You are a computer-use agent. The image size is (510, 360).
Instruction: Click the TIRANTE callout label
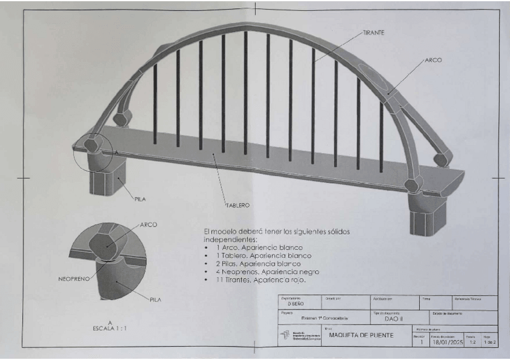tap(374, 32)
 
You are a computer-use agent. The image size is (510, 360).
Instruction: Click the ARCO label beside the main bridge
tap(433, 61)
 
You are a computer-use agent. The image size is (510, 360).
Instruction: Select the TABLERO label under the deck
tap(238, 205)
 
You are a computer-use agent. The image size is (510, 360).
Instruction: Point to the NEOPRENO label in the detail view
tap(75, 279)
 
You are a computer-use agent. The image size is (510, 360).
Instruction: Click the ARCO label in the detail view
tap(149, 225)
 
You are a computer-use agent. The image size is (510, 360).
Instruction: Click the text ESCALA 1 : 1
tap(110, 328)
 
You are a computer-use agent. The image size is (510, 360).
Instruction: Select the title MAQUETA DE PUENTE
tap(361, 335)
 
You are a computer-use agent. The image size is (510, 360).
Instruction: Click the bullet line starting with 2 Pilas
tap(257, 264)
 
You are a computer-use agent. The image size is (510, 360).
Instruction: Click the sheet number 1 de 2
tap(488, 342)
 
